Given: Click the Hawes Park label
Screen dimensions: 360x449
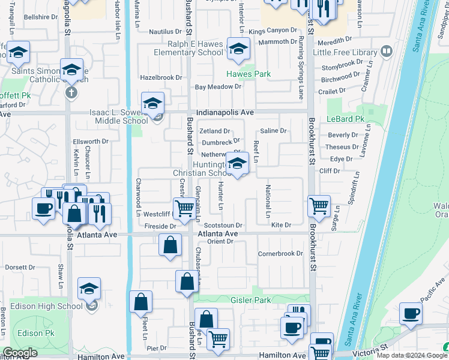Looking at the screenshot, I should (x=248, y=74).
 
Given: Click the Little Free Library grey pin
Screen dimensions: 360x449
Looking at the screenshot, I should (x=387, y=52).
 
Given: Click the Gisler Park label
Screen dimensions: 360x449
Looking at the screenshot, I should (x=251, y=299).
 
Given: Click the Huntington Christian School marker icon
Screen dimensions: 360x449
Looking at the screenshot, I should (x=238, y=164).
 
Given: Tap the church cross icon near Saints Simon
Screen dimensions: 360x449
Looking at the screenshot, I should (x=71, y=92).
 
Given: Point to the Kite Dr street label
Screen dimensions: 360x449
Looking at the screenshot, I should (x=281, y=225).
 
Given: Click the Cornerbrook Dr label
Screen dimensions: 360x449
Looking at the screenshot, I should (x=280, y=253).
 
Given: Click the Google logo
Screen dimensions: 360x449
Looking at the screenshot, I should (x=20, y=353).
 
